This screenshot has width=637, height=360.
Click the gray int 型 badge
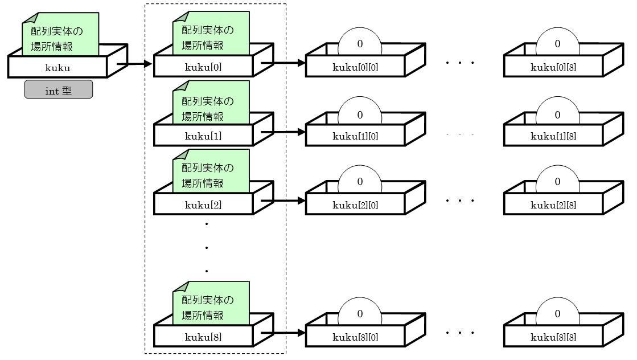(x=59, y=90)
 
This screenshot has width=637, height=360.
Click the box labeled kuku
(x=57, y=67)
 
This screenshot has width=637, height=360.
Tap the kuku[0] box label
(x=203, y=67)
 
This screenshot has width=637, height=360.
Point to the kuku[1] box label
(x=203, y=136)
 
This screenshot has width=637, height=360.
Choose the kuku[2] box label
(x=203, y=205)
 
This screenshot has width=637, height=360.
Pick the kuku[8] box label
(x=203, y=337)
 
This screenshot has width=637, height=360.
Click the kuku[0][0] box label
(x=355, y=67)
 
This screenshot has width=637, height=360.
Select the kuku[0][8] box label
(x=553, y=67)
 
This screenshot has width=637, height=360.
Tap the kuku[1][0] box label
(x=355, y=136)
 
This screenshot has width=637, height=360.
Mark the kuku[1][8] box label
(x=553, y=136)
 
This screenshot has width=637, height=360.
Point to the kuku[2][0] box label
(x=355, y=205)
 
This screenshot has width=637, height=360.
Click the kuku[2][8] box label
(x=553, y=205)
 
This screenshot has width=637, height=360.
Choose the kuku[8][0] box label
(x=355, y=337)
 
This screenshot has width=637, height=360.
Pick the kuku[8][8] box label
(x=553, y=337)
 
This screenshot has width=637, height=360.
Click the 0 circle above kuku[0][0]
(x=360, y=43)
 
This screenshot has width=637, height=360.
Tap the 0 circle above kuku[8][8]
(x=557, y=313)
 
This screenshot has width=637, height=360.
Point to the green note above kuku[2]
(x=211, y=174)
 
